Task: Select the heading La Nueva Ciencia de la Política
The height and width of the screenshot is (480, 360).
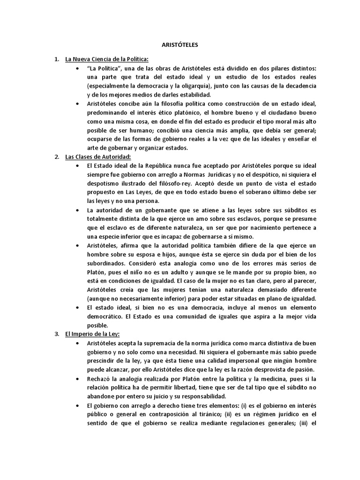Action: coord(107,59)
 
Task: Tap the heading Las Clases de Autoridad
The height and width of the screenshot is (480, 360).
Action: coord(97,156)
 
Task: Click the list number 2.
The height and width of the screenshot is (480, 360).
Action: coord(56,156)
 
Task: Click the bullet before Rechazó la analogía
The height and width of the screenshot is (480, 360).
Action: coord(77,378)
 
